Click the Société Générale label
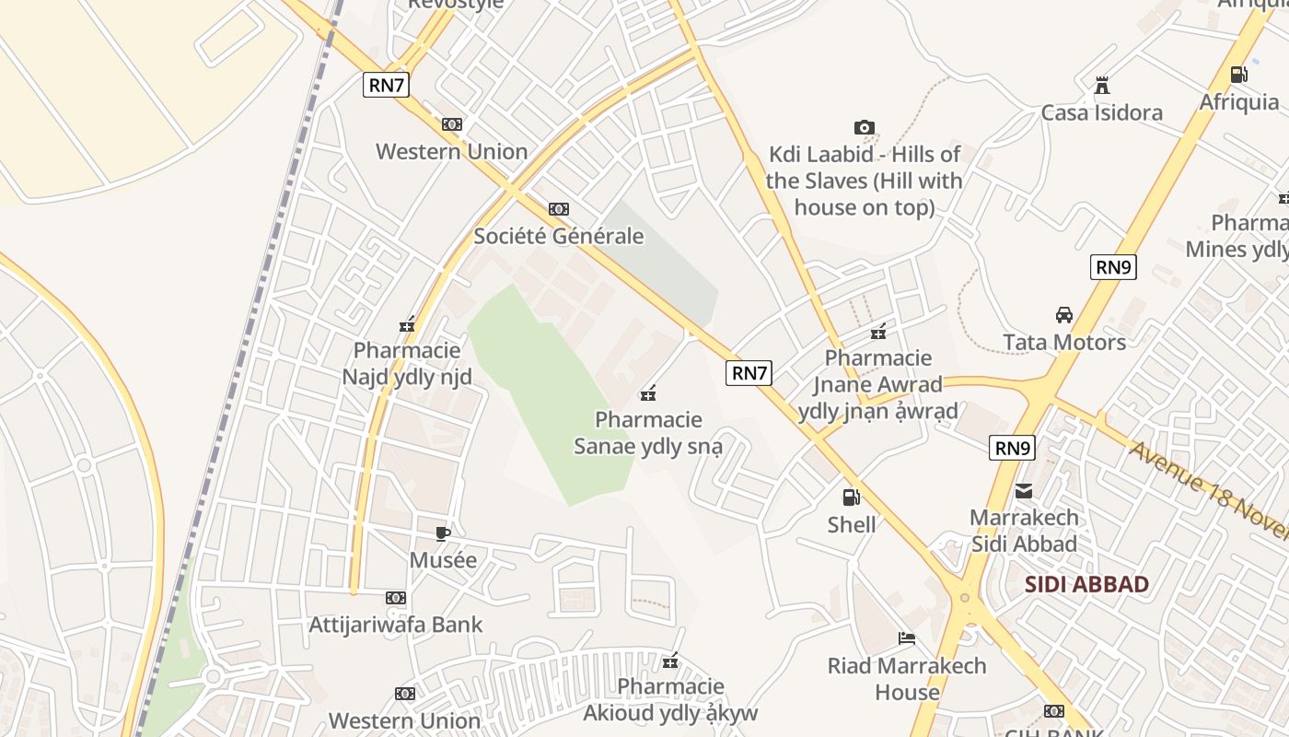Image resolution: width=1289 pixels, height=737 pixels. pos(558,236)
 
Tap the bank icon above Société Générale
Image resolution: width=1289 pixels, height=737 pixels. pos(558,209)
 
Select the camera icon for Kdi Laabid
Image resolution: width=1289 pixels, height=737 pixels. pos(864,128)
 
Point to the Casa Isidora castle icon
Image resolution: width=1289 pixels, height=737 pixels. pos(1101,87)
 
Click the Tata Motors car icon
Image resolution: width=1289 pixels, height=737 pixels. pos(1064,315)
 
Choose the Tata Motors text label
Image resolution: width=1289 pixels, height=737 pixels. pos(1064,342)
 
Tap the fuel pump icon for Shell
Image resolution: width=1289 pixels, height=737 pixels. pos(852,497)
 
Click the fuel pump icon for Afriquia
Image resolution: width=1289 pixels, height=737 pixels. pos(1239,75)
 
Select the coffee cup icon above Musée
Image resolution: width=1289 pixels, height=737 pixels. pos(443,533)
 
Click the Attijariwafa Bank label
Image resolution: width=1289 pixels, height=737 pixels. pos(395,625)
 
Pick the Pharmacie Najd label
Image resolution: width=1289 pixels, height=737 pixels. pos(407,364)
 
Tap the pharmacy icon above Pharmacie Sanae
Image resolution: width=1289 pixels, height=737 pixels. pos(648,394)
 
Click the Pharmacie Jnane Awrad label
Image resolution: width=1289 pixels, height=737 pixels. pos(878,384)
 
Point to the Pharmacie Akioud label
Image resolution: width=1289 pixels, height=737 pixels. pos(670,700)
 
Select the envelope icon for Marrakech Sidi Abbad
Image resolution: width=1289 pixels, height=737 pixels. pos(1024,491)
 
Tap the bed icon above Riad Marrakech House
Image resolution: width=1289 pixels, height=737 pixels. pos(907,638)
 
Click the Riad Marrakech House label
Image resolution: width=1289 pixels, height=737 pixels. pos(907,678)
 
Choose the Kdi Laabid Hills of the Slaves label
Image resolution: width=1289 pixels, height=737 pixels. pos(864,181)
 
